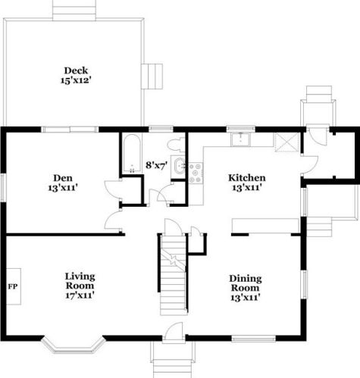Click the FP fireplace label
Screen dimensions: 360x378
(13, 286)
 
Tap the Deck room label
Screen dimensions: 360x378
(76, 70)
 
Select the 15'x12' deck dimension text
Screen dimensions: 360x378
(76, 80)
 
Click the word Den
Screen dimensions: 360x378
(63, 178)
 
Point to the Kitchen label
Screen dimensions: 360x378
(247, 178)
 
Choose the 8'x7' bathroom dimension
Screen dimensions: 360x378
(157, 165)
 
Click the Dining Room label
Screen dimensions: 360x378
(246, 283)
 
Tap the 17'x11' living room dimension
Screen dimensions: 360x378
(80, 295)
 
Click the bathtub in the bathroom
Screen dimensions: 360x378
(132, 154)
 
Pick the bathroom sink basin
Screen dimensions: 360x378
(179, 165)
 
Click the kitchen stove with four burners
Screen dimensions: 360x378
(196, 173)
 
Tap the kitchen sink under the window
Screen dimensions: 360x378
(240, 139)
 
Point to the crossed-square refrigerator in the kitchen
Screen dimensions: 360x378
(286, 142)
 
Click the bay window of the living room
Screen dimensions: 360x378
(74, 345)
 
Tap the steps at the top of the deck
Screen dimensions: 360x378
(74, 10)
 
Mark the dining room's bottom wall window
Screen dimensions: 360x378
(253, 339)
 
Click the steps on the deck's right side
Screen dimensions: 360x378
(152, 77)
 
